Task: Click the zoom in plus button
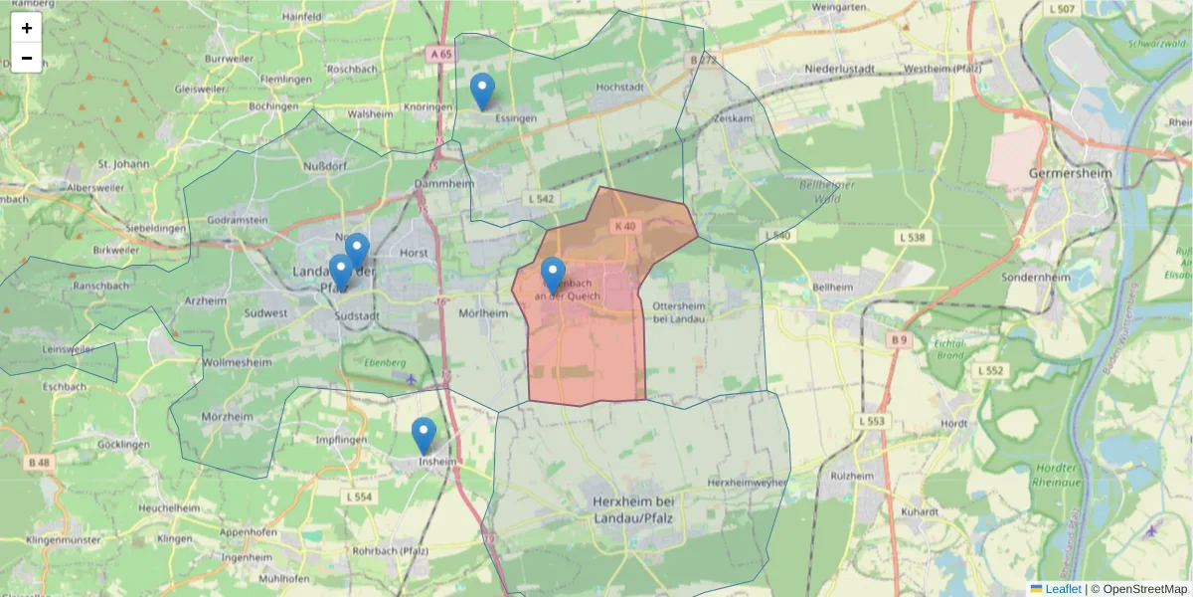(x=27, y=28)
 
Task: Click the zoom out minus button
(x=27, y=58)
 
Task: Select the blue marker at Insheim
(x=425, y=436)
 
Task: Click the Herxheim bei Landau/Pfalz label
(x=633, y=509)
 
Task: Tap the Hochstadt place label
(x=619, y=88)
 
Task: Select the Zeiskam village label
(x=733, y=117)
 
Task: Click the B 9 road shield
(x=899, y=340)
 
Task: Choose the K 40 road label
(x=624, y=227)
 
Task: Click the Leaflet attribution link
(x=1063, y=589)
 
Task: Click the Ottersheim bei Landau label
(x=679, y=311)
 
